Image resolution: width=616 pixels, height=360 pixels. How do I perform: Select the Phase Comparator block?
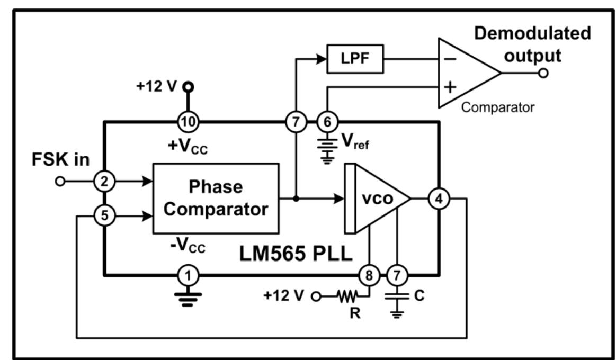coord(216,198)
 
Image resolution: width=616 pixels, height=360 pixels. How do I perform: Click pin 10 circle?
coord(188,122)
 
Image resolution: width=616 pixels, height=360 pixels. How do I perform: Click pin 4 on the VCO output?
coord(439,199)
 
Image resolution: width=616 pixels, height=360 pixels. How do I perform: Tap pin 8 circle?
coord(369,274)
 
